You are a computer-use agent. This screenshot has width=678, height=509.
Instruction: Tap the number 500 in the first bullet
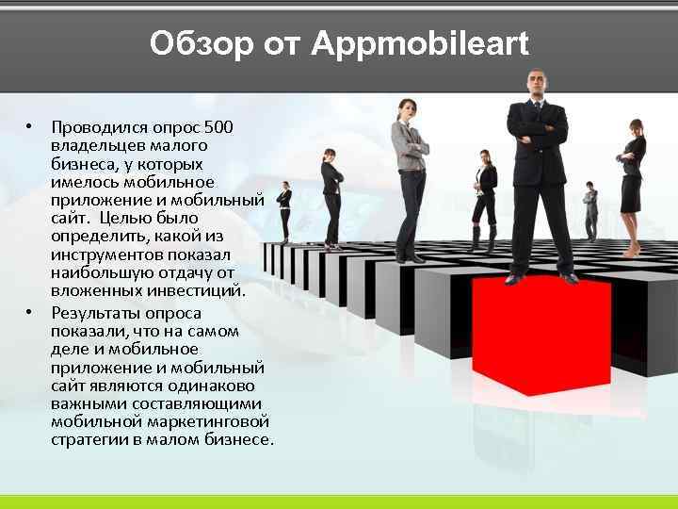point(218,127)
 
